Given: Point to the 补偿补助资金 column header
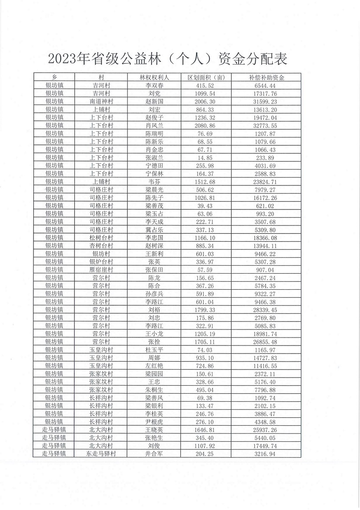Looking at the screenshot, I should click(266, 77).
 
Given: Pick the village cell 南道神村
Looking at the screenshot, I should click(102, 102).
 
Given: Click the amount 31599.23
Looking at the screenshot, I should click(266, 102).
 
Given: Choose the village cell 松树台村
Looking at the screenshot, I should click(102, 238).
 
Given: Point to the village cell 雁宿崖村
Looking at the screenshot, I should click(102, 270).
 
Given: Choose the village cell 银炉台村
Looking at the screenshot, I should click(102, 262).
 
